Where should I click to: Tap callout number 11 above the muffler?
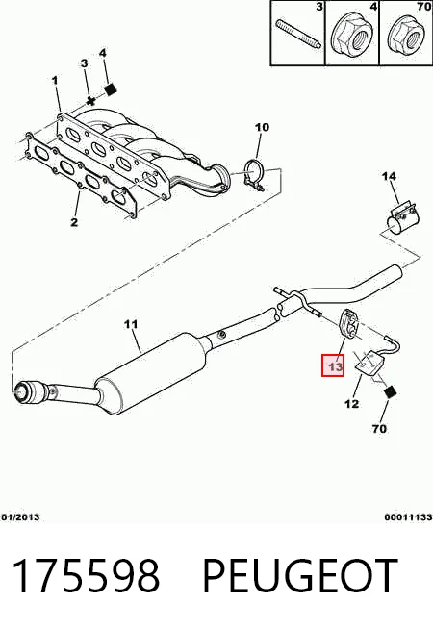[x=131, y=324]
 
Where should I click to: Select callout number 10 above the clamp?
[x=262, y=127]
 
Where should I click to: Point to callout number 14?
[x=389, y=176]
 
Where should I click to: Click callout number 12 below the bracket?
[x=351, y=404]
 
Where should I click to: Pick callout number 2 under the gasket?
[x=74, y=222]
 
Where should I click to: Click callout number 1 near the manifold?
[x=55, y=80]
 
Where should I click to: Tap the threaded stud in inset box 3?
[x=298, y=34]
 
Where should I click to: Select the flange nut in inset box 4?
[x=352, y=37]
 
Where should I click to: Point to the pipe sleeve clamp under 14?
[x=401, y=218]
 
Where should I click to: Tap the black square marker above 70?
[x=390, y=391]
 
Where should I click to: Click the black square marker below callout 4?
[x=111, y=88]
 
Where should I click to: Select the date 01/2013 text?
[x=21, y=517]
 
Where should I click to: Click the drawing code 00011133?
[x=409, y=517]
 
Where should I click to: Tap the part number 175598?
[x=87, y=576]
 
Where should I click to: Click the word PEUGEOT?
[x=299, y=576]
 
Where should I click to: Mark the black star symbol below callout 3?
[x=90, y=101]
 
